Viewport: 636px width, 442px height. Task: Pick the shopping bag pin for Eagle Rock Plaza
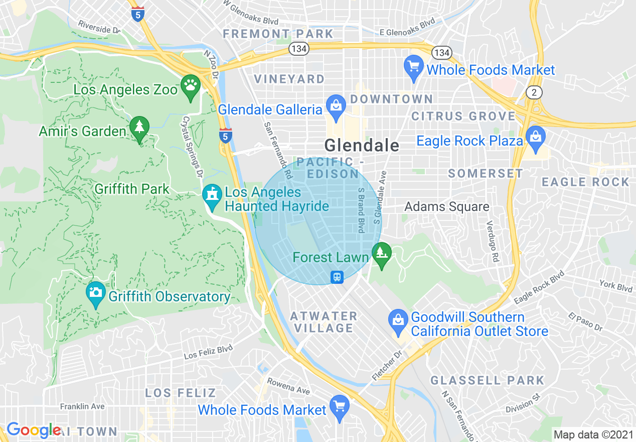tap(535, 137)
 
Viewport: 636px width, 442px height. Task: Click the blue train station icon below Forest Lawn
tap(337, 277)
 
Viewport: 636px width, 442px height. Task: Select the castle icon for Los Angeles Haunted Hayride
tap(212, 195)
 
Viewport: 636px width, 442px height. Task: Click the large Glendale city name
tap(362, 146)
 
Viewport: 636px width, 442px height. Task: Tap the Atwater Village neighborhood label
tap(324, 322)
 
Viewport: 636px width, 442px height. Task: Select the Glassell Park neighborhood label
tap(487, 380)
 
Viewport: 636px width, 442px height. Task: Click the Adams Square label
tap(447, 206)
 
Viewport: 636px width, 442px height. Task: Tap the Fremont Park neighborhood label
tap(278, 34)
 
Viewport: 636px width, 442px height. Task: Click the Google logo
tap(33, 430)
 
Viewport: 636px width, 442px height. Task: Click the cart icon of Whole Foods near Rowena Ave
tap(340, 406)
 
